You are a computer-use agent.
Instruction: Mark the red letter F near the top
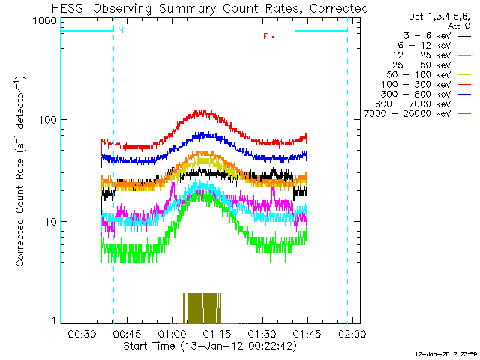pyautogui.click(x=265, y=36)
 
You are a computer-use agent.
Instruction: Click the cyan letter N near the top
pyautogui.click(x=120, y=31)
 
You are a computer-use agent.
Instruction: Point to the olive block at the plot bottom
pyautogui.click(x=202, y=307)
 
